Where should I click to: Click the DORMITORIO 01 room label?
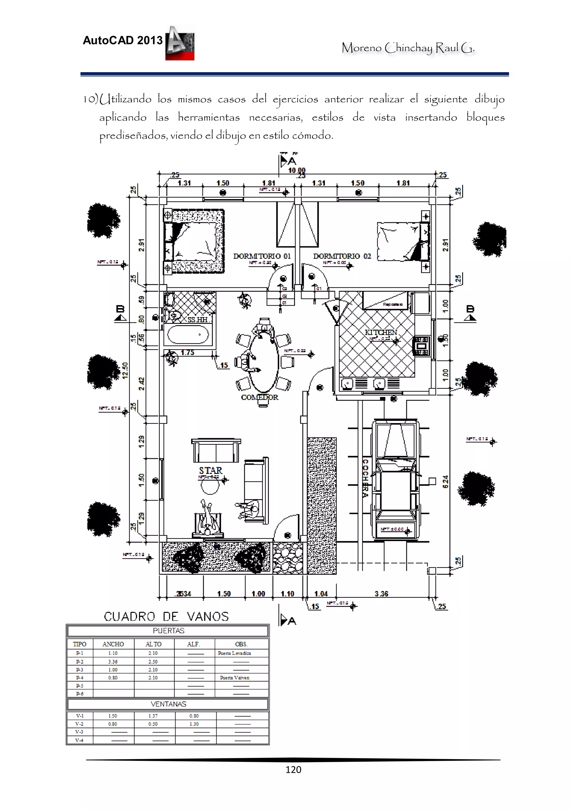point(262,256)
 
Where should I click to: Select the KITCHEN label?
point(381,332)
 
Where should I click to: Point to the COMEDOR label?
point(259,397)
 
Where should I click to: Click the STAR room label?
point(210,471)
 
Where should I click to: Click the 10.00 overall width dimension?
point(297,170)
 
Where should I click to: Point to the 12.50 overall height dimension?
point(125,370)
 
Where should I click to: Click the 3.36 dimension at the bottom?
point(381,594)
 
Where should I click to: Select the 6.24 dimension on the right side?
point(445,481)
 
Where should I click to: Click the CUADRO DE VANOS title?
point(166,617)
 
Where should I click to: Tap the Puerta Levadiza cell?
point(234,653)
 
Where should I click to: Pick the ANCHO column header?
point(113,644)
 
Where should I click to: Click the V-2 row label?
point(80,724)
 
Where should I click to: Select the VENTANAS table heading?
point(168,704)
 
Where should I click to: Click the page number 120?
point(293,769)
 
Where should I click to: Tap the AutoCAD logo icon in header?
point(180,43)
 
